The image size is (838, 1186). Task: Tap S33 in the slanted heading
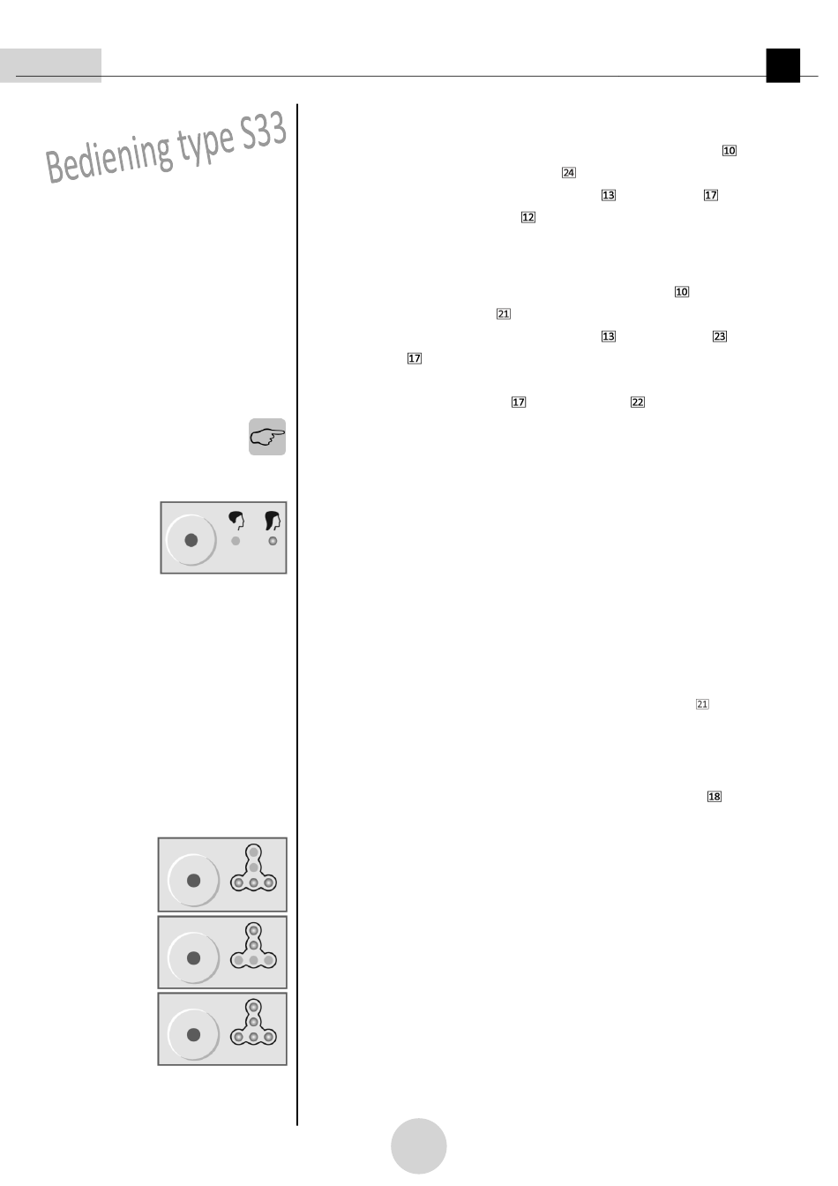pos(263,132)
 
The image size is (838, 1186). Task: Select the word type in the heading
pos(206,145)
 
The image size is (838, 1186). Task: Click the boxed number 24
pos(569,173)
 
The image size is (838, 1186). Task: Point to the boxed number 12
pos(527,217)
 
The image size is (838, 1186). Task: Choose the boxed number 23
pos(720,336)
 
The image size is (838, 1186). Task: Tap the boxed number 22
pos(638,402)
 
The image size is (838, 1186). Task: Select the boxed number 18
pos(715,796)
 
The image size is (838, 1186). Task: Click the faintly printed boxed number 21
pos(702,704)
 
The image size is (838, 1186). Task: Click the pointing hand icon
pos(267,437)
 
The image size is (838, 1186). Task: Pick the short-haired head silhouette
pos(236,521)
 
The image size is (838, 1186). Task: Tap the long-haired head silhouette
pos(272,521)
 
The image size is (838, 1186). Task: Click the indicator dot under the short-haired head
pos(236,541)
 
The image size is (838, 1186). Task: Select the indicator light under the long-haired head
pos(273,541)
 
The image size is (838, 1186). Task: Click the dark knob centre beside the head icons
pos(191,540)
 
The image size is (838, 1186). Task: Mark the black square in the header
pos(783,65)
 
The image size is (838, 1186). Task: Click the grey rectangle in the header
pos(51,65)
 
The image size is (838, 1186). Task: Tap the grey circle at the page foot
pos(419,1145)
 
